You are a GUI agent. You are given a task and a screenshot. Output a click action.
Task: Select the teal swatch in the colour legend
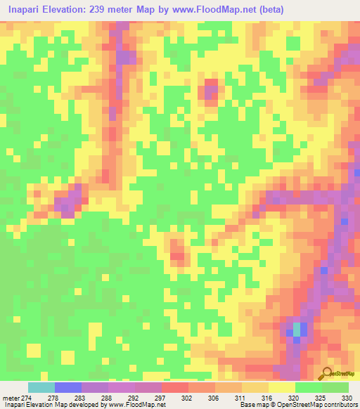pyautogui.click(x=41, y=388)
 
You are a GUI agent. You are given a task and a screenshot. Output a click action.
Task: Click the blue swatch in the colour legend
pyautogui.click(x=68, y=388)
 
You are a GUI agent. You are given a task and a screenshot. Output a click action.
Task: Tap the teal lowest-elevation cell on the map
pyautogui.click(x=297, y=329)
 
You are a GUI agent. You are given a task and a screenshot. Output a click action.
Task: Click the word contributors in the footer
pyautogui.click(x=339, y=405)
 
